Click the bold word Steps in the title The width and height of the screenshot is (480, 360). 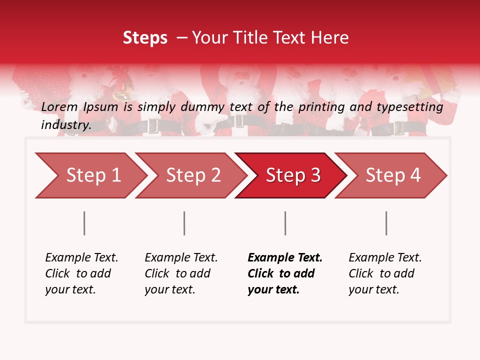pyautogui.click(x=145, y=38)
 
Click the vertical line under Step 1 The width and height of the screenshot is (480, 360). pyautogui.click(x=84, y=223)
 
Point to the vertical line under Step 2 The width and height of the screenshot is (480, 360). pyautogui.click(x=184, y=223)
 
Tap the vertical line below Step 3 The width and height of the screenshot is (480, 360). pyautogui.click(x=285, y=223)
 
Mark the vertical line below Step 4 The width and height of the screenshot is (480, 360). pyautogui.click(x=386, y=223)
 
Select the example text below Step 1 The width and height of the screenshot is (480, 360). pyautogui.click(x=81, y=273)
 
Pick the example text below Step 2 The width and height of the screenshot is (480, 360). pyautogui.click(x=181, y=273)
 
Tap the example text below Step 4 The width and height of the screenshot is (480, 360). pyautogui.click(x=385, y=273)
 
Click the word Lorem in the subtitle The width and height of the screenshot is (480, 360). pyautogui.click(x=59, y=107)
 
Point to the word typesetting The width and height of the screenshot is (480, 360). pyautogui.click(x=412, y=107)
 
